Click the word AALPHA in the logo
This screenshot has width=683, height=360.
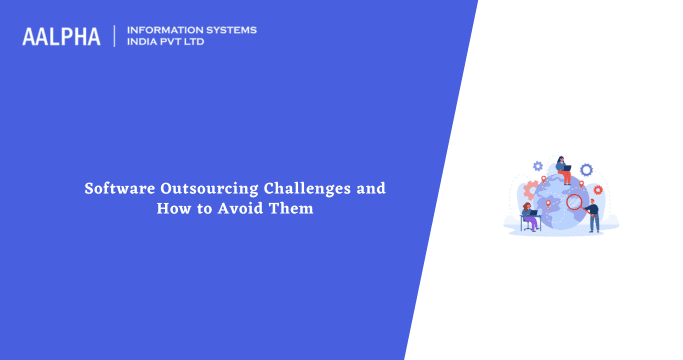[61, 36]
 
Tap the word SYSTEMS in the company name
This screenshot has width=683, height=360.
[230, 30]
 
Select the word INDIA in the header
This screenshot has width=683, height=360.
[145, 42]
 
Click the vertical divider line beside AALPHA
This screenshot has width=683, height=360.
[115, 36]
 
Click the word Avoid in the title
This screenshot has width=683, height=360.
[237, 208]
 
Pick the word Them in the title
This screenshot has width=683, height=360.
[293, 208]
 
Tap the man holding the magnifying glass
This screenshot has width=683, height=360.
[594, 215]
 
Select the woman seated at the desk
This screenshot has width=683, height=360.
[528, 216]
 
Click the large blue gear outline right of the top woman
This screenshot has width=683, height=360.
[586, 170]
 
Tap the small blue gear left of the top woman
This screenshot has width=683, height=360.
[538, 166]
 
